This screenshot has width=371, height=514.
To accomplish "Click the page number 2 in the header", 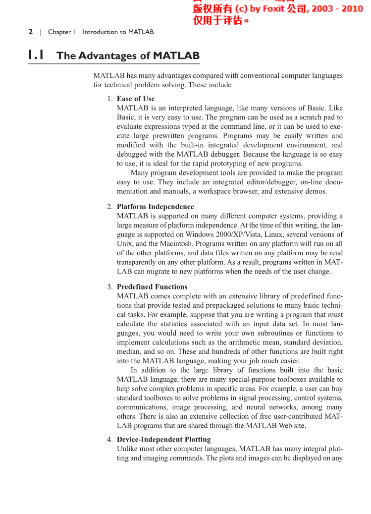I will point(31,32).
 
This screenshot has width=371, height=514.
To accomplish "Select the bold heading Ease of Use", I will point(136,99).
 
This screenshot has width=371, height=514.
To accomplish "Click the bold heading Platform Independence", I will point(155,207).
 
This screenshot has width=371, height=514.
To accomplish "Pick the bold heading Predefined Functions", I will point(152,286).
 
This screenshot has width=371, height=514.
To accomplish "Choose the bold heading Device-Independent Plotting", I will point(163,439).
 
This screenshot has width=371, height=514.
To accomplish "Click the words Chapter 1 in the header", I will point(62,32).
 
